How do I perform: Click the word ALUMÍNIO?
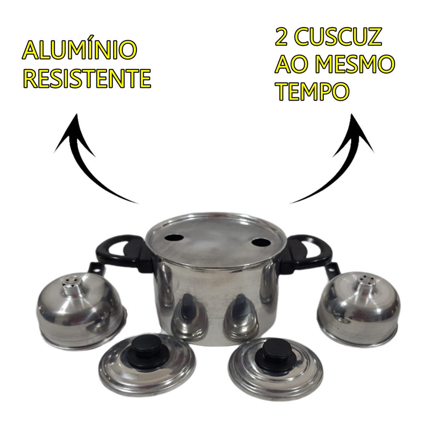coord(79,51)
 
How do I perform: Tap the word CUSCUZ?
coord(336,37)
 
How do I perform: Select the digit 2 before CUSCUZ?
coord(281,37)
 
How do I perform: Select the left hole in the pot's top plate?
coord(174,238)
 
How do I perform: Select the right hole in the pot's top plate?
coord(262,243)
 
